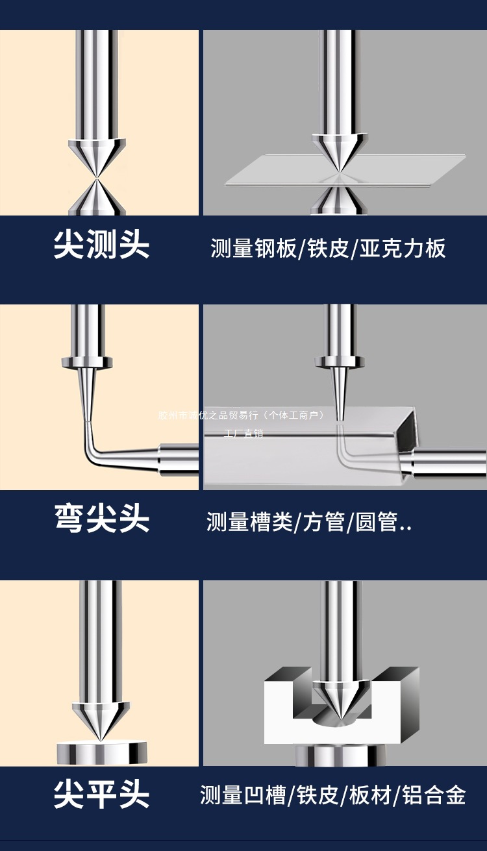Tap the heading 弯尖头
pos(101,519)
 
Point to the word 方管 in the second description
pos(323,521)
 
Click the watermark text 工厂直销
pos(243,433)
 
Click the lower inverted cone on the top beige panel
pos(98,197)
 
